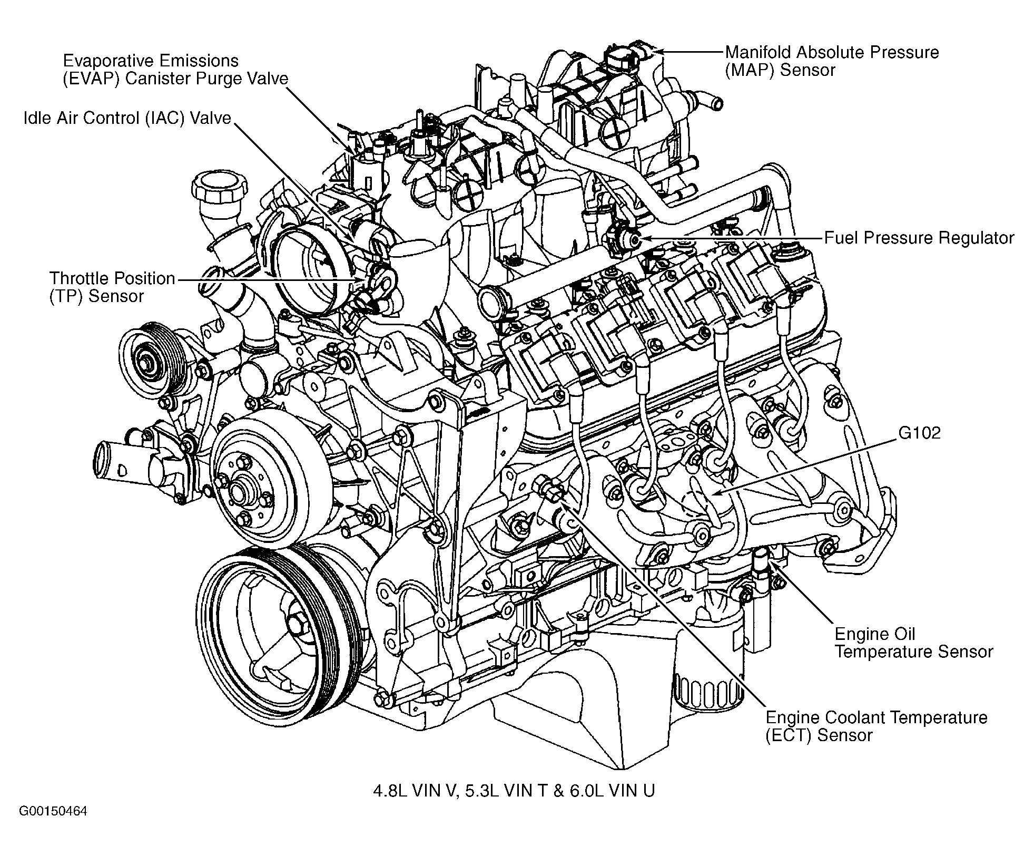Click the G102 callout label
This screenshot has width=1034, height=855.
[x=919, y=433]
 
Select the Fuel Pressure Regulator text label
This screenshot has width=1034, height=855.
[x=919, y=238]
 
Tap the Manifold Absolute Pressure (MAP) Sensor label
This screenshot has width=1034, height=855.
[x=832, y=61]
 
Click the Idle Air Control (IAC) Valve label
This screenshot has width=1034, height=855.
[x=127, y=118]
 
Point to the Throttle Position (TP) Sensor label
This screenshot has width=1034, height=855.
[x=112, y=287]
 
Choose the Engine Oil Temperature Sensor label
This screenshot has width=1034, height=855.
[x=913, y=643]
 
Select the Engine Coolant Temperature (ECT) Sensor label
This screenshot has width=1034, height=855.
[x=876, y=726]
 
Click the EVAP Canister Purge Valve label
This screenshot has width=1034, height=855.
[x=175, y=70]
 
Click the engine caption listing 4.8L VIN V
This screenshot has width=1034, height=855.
[x=514, y=791]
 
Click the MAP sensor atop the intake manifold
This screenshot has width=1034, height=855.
[x=622, y=58]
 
